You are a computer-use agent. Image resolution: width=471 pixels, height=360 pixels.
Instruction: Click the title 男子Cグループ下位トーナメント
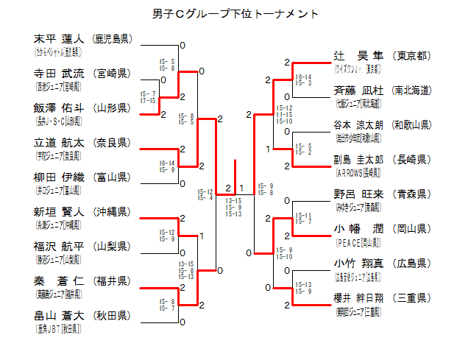click(235, 14)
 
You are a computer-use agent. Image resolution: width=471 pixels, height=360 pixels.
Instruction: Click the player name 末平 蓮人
click(60, 38)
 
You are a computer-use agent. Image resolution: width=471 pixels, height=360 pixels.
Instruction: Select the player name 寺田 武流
click(60, 73)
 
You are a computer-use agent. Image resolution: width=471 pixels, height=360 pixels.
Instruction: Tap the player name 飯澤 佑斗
click(60, 107)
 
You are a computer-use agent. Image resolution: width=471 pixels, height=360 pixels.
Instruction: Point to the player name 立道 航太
click(60, 142)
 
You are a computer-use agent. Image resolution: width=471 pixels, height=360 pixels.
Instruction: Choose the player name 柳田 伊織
click(60, 177)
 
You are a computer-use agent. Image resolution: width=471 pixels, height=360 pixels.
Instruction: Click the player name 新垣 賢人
click(60, 211)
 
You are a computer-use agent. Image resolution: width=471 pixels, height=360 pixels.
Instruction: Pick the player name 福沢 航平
click(60, 246)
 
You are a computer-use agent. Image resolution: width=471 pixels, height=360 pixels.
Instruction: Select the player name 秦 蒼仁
click(60, 280)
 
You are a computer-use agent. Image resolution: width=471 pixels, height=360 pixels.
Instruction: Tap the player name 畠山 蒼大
click(60, 315)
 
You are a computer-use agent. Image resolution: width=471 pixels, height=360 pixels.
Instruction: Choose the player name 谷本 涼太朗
click(359, 125)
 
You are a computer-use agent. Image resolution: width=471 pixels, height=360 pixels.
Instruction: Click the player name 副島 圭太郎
click(359, 160)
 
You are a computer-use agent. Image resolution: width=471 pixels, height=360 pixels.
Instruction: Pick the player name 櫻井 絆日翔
click(359, 298)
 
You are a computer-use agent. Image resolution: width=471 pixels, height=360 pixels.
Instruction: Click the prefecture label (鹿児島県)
click(112, 38)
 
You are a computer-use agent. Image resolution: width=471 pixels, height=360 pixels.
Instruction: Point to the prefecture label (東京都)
click(412, 56)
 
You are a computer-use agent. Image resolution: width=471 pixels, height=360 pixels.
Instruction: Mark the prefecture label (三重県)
click(412, 298)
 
